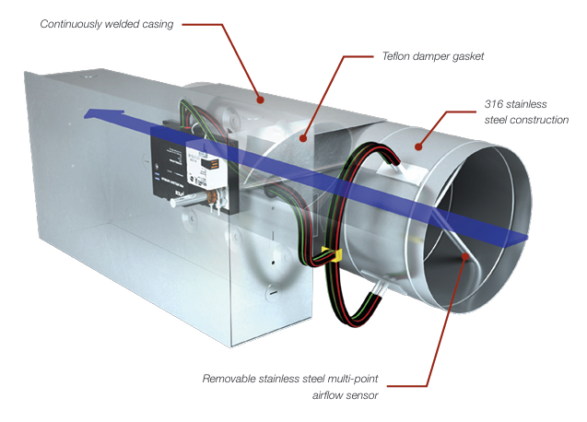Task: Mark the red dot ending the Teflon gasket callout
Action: point(309,139)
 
